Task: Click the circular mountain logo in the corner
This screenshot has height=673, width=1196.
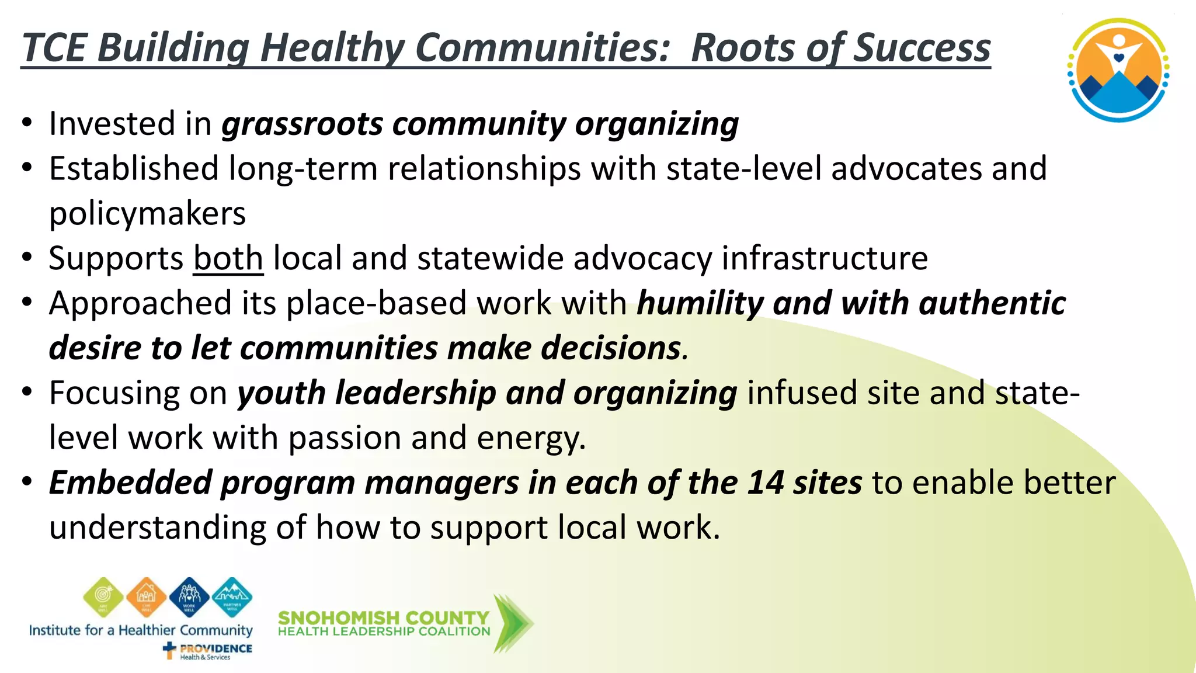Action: point(1118,70)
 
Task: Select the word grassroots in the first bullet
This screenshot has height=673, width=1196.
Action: point(302,124)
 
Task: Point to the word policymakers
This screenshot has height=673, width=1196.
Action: point(147,214)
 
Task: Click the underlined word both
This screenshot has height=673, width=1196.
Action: point(228,258)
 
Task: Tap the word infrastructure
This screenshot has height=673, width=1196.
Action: point(825,258)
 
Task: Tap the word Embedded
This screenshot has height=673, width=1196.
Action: point(130,483)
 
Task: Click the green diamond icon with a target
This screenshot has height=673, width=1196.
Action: point(103,597)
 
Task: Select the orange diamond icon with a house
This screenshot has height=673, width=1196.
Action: point(146,597)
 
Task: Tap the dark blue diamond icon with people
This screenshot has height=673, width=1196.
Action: point(189,597)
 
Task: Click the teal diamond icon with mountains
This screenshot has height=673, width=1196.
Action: point(232,597)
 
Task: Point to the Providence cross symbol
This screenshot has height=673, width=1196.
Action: point(169,650)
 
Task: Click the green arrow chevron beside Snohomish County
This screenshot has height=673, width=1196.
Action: point(512,623)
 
